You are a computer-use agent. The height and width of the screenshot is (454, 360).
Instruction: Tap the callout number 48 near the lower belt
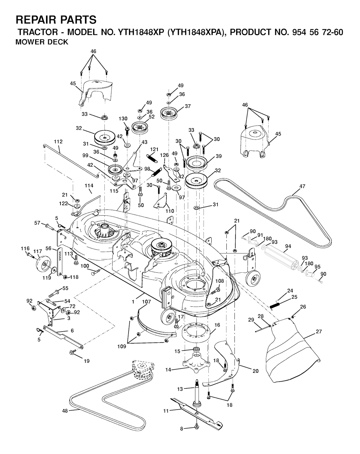click(x=64, y=410)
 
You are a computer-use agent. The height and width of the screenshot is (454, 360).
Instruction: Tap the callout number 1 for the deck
click(x=133, y=301)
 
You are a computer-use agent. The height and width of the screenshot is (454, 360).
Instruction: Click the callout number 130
click(x=123, y=118)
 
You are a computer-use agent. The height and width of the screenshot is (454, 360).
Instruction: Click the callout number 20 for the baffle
click(x=256, y=371)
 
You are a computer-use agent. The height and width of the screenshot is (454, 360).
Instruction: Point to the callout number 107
click(x=147, y=301)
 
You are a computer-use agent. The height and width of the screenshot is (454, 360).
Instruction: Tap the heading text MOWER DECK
click(x=42, y=43)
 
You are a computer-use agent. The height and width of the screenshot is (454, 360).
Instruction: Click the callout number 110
click(x=170, y=212)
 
